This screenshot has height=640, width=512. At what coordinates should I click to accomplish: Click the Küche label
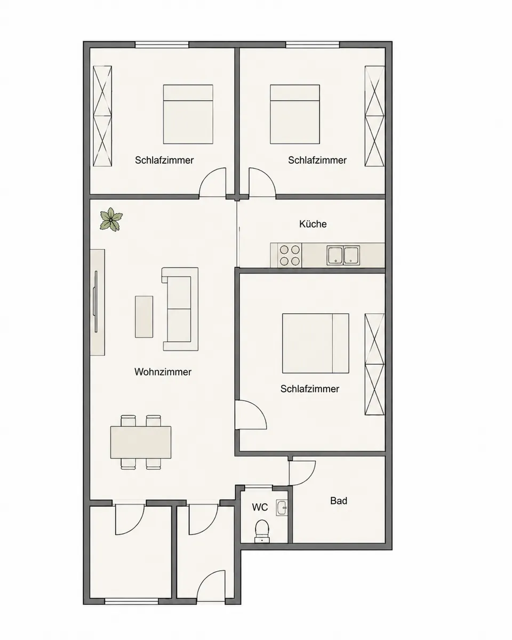point(313,224)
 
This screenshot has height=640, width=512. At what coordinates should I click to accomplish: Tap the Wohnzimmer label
point(163,372)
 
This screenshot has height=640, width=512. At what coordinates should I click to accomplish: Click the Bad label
point(339,500)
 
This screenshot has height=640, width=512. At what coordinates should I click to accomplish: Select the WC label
point(260,507)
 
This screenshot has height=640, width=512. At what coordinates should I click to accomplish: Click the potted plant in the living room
point(111,220)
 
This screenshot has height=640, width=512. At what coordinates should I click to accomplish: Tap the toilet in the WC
point(262,531)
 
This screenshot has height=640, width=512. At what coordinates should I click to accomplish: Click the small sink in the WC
point(282,508)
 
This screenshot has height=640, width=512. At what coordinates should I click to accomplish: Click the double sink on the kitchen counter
point(343,255)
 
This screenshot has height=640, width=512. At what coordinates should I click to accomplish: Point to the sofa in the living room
point(180,309)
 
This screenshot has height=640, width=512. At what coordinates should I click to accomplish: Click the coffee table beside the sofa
point(144,317)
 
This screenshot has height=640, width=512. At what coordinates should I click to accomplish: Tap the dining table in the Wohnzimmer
point(141,442)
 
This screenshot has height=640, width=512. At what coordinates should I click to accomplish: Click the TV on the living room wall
point(96,301)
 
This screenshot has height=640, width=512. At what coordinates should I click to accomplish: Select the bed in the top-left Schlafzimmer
point(188,114)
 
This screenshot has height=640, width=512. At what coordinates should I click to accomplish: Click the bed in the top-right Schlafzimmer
point(295,114)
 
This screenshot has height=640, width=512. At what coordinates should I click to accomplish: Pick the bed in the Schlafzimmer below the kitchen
point(315,343)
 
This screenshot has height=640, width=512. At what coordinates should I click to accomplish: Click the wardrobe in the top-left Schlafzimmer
point(102,116)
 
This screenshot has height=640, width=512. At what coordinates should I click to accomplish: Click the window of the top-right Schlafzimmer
point(313,45)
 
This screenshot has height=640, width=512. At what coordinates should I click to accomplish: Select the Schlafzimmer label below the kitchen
point(310,389)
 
